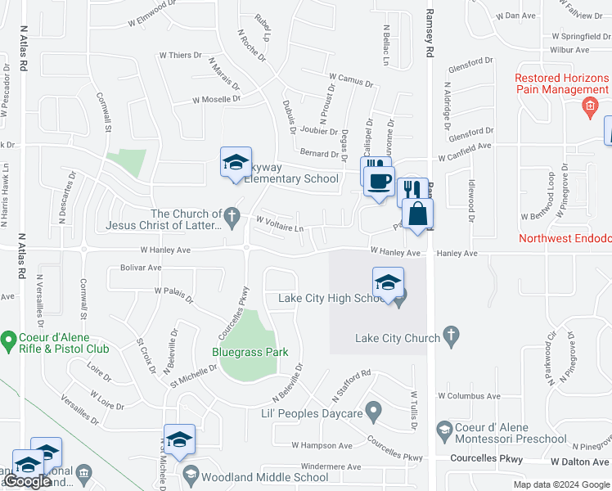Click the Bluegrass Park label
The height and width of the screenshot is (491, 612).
click(x=250, y=353)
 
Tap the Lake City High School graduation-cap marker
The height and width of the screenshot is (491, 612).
click(x=388, y=283)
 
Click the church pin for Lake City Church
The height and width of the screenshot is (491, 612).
click(x=450, y=336)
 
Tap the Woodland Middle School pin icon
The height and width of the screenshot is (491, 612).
click(x=191, y=474)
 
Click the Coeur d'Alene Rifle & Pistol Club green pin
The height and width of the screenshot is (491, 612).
click(x=9, y=338)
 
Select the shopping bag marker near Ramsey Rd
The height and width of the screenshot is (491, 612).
click(x=417, y=214)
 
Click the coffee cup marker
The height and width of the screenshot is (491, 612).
click(x=378, y=182)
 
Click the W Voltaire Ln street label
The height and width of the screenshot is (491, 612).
click(x=279, y=220)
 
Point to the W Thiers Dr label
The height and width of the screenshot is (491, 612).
click(x=180, y=56)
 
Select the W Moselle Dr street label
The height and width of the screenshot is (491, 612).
click(x=216, y=100)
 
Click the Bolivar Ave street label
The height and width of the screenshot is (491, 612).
click(x=141, y=268)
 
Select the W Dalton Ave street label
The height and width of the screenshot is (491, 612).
click(x=577, y=462)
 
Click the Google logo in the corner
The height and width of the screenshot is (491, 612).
click(x=27, y=482)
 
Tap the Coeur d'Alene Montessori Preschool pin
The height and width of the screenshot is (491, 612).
click(x=444, y=429)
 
